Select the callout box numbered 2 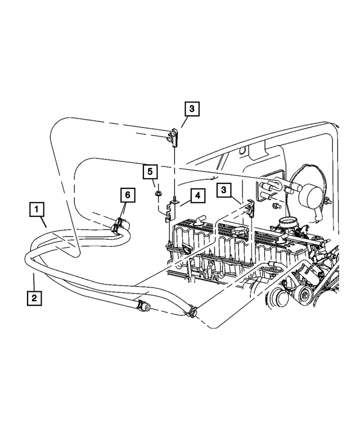34,297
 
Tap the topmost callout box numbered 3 191,109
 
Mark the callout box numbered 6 128,195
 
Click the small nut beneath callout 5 158,194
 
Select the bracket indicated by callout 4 170,211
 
